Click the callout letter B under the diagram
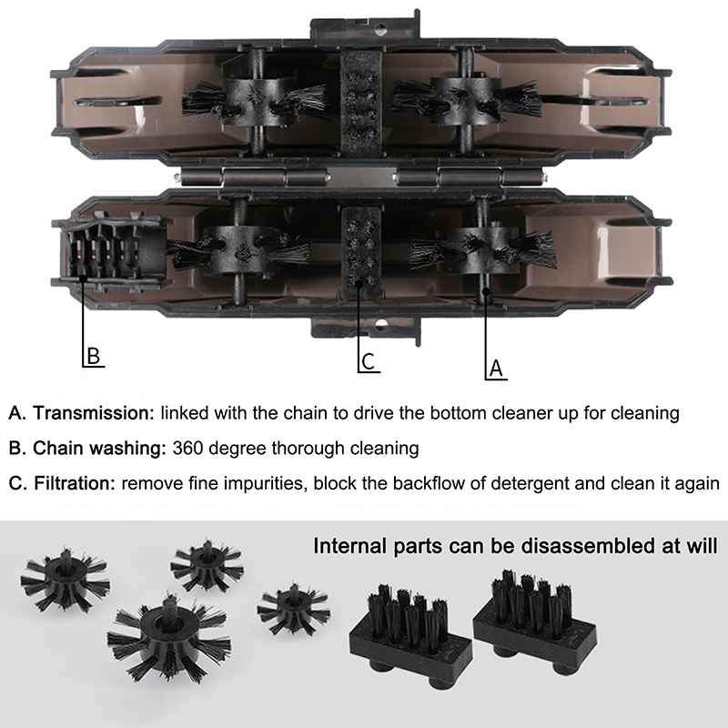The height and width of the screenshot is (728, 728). click(94, 356)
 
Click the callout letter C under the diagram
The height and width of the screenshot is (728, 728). click(368, 361)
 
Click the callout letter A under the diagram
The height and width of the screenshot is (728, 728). click(496, 369)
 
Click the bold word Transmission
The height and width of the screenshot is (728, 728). click(94, 413)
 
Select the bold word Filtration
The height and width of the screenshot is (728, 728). click(75, 483)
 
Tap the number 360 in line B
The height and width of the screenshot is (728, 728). click(187, 449)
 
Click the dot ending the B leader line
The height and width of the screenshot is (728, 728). click(83, 278)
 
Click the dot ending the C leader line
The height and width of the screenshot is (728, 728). click(358, 284)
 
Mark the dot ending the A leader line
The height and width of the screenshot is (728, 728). click(486, 291)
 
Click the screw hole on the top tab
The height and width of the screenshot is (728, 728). click(380, 28)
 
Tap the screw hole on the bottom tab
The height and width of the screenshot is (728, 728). click(381, 324)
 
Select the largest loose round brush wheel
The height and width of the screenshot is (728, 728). click(169, 639)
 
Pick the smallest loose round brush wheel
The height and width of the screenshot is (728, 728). click(293, 608)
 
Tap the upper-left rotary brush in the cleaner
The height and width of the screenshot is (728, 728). click(255, 102)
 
